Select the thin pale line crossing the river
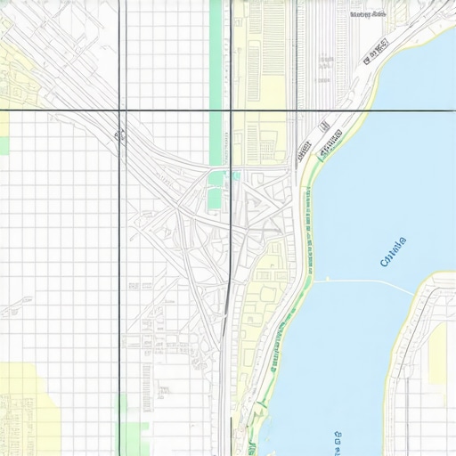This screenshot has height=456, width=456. [x=365, y=283]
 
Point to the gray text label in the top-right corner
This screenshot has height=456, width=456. [x=367, y=14]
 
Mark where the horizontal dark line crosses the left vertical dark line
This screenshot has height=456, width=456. [x=121, y=110]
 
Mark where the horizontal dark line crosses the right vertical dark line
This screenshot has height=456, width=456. [x=232, y=110]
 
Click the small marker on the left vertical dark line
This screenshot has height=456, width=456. [x=117, y=135]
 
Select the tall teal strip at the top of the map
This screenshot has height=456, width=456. [x=215, y=53]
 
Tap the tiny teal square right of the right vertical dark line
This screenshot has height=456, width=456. [x=236, y=175]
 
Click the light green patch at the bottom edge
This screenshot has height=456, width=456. [x=133, y=436]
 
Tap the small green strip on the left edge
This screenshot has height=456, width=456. [x=4, y=134]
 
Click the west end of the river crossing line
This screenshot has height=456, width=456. [x=313, y=281]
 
